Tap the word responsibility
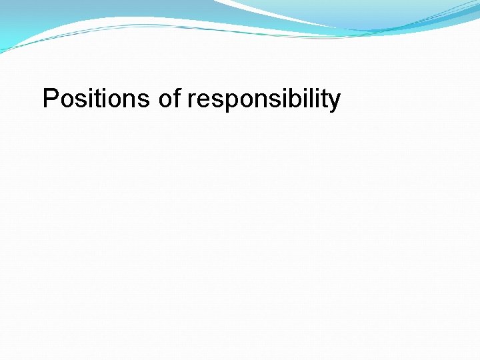click(x=264, y=101)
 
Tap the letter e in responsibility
click(x=202, y=101)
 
